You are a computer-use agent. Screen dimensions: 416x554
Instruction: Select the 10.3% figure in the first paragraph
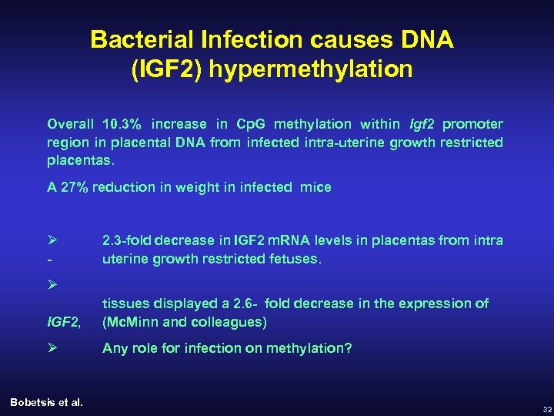click(x=122, y=124)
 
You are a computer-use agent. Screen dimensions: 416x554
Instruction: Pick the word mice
click(x=317, y=187)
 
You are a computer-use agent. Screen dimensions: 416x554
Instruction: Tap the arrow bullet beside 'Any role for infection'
click(x=52, y=348)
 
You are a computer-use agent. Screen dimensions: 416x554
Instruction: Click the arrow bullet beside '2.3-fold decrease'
click(x=52, y=240)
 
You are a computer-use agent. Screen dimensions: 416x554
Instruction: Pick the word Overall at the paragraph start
click(x=71, y=124)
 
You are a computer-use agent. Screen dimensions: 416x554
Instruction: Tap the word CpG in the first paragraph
click(x=252, y=124)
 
